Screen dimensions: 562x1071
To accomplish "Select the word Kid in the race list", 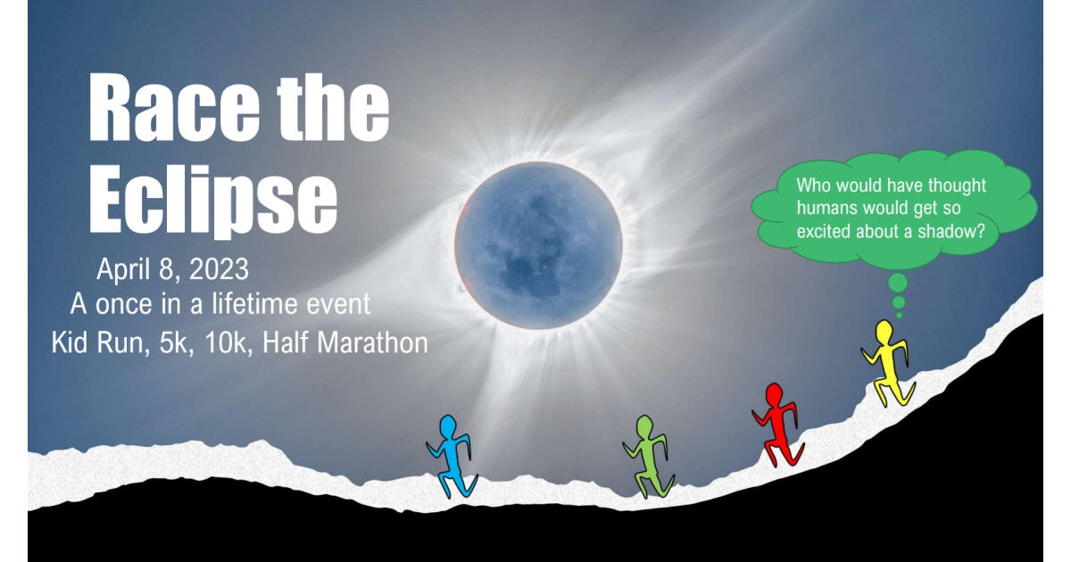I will click(x=71, y=343).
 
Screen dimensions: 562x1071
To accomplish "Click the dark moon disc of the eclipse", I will click(x=538, y=244).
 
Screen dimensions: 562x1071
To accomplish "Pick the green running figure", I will click(x=649, y=455).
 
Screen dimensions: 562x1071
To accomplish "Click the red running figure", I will click(x=775, y=424).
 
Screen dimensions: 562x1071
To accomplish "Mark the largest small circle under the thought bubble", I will click(x=898, y=283).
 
